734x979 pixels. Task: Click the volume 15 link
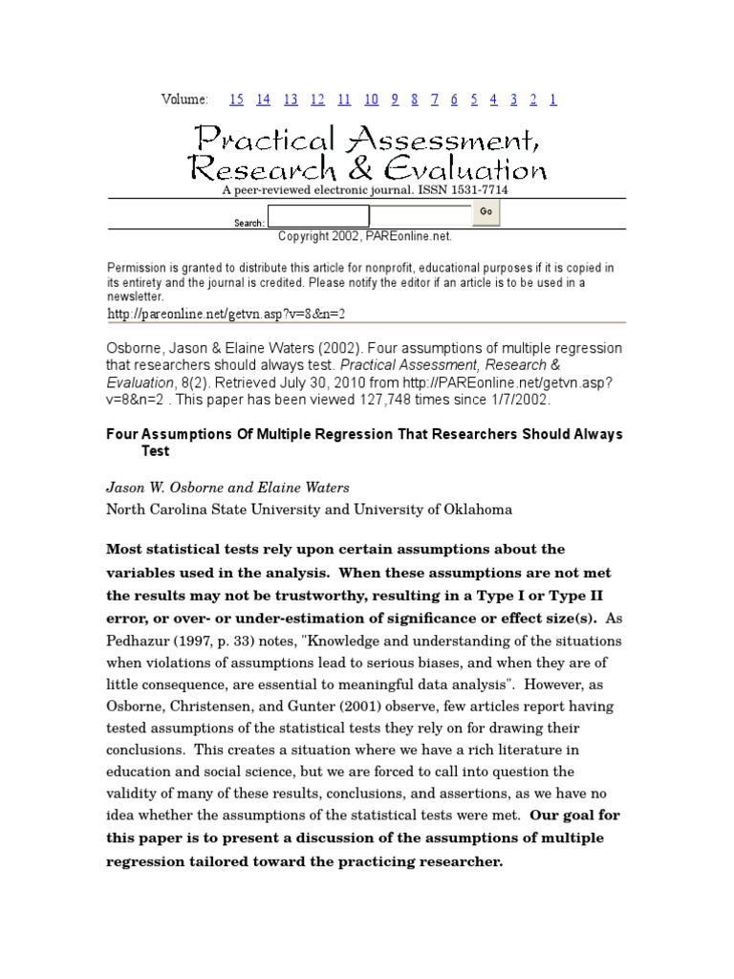tap(236, 99)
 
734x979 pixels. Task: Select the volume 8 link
tap(414, 99)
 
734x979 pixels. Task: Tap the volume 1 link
tap(553, 99)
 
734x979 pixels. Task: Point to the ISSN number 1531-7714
tap(473, 191)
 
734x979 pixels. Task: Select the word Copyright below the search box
tap(303, 235)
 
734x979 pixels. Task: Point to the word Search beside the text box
tap(248, 224)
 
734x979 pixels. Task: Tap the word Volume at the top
tap(184, 99)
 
